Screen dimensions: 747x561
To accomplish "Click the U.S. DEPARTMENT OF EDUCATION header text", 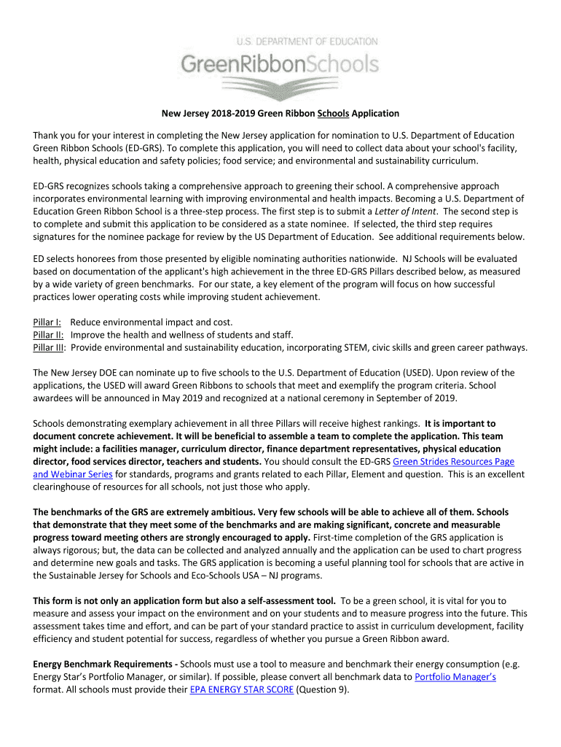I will click(x=305, y=42).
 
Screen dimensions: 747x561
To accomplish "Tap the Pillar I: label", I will click(x=47, y=322).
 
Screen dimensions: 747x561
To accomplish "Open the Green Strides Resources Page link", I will click(x=453, y=462).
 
